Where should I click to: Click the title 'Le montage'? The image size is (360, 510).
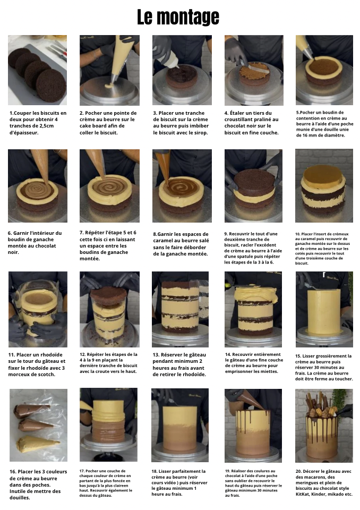tap(178, 17)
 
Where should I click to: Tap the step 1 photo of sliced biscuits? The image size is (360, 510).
tap(37, 70)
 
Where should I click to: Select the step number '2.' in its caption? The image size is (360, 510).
tap(82, 113)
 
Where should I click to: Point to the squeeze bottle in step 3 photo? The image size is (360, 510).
tap(169, 58)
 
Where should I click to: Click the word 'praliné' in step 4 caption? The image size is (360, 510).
tap(269, 120)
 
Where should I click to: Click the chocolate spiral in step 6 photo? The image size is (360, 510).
tap(37, 190)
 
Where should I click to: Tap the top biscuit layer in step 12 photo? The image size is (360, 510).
tap(109, 295)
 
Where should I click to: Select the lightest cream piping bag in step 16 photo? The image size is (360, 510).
tap(37, 443)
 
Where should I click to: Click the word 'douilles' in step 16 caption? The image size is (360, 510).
tap(20, 498)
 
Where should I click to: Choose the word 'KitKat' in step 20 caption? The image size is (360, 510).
tap(303, 494)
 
